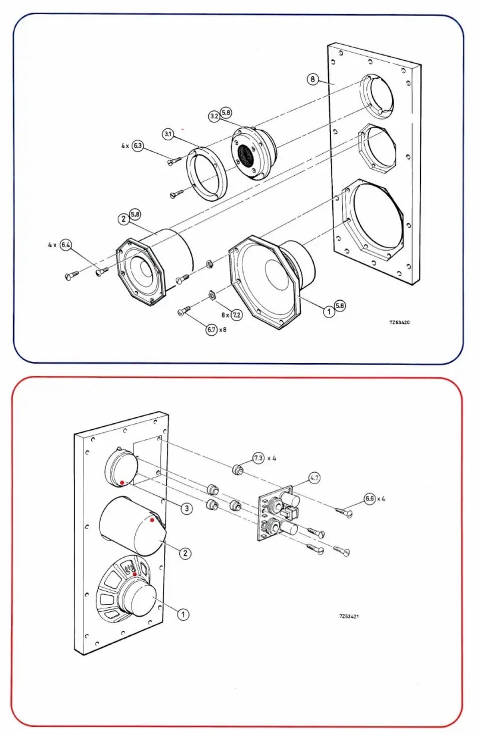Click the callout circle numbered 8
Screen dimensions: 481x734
[x=313, y=79]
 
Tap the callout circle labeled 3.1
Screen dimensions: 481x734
[x=168, y=134]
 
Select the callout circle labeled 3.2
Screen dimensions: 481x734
[x=214, y=116]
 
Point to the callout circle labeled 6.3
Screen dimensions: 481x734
[x=138, y=145]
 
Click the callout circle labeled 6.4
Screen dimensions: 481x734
[x=66, y=245]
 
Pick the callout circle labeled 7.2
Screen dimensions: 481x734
[x=236, y=315]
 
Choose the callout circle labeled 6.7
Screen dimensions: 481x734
[x=211, y=329]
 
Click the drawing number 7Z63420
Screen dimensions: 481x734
[x=399, y=322]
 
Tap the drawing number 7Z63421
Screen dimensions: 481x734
[x=349, y=616]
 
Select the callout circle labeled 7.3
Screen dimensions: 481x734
[x=259, y=458]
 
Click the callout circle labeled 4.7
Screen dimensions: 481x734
[x=315, y=478]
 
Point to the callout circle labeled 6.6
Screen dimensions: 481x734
[x=370, y=499]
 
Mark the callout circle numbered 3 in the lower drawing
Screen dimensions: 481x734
[x=187, y=508]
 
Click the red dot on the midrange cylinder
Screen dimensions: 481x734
[x=152, y=520]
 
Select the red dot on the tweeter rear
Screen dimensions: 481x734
[x=122, y=482]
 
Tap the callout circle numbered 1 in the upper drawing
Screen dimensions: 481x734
[x=329, y=311]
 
